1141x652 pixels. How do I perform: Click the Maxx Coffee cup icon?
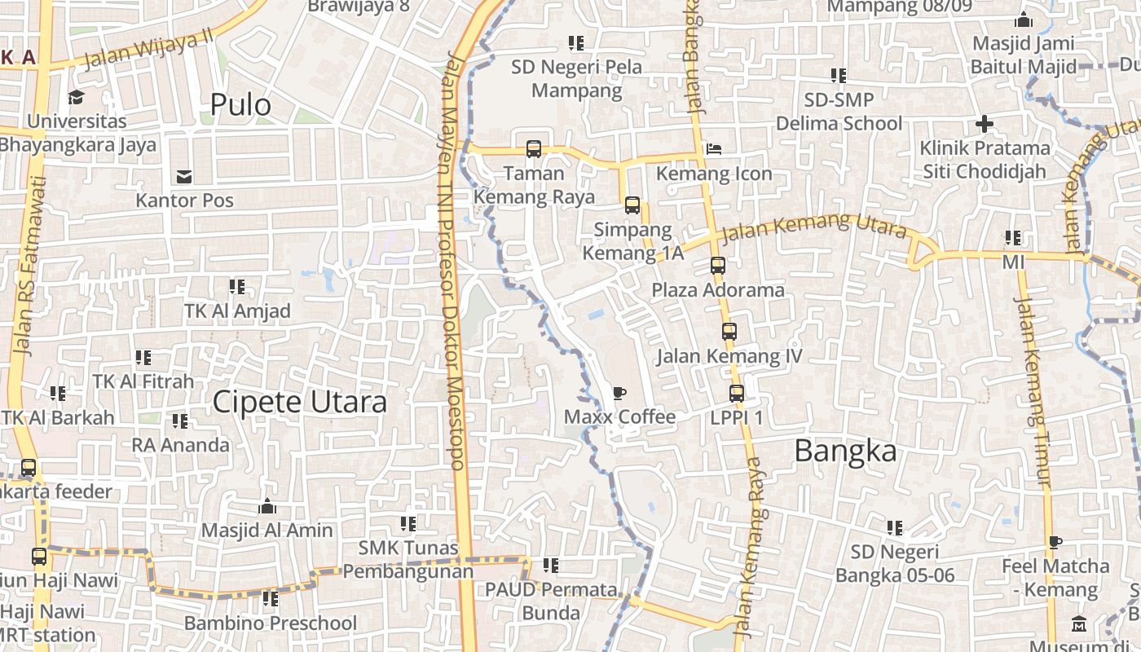[619, 394]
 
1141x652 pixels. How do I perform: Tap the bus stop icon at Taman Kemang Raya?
[534, 149]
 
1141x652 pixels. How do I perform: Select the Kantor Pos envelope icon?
[184, 176]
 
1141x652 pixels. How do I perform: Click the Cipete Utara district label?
[299, 402]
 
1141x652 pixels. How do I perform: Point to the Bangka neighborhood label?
[845, 451]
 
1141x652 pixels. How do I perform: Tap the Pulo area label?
[240, 104]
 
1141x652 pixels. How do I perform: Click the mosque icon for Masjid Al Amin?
[267, 507]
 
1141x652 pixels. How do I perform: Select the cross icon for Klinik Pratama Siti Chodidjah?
[985, 125]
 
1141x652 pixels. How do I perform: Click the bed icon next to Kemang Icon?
[714, 149]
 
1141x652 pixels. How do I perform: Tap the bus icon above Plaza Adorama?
[717, 266]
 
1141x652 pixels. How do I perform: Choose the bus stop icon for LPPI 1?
[737, 394]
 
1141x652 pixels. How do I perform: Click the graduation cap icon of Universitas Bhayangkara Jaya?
[77, 97]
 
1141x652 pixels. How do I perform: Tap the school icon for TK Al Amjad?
[237, 287]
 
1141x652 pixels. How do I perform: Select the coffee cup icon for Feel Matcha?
[1055, 542]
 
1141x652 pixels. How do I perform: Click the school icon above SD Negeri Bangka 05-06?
[895, 528]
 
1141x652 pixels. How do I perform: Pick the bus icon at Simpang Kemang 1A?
[632, 205]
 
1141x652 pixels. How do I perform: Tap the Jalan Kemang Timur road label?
[1031, 391]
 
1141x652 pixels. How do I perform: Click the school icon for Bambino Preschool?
[271, 599]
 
